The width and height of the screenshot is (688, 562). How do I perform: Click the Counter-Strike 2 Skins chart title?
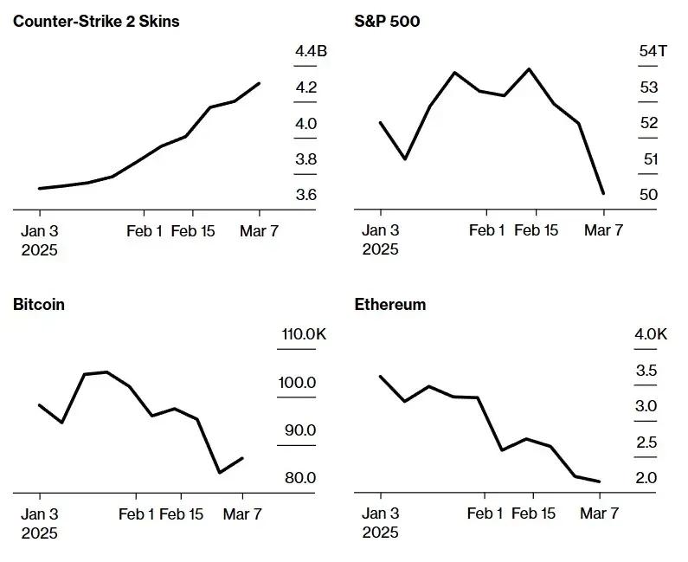point(96,21)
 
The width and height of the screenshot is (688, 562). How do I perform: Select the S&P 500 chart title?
point(387,21)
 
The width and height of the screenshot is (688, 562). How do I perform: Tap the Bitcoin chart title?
point(39,304)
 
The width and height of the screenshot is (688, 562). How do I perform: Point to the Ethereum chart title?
point(390,304)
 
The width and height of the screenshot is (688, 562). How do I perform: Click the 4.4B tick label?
point(311,52)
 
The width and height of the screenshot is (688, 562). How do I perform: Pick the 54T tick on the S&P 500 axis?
point(653,52)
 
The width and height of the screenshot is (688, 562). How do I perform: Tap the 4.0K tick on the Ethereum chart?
point(651,335)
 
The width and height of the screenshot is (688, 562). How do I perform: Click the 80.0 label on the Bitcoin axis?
point(299,478)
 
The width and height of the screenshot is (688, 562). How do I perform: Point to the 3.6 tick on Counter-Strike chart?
point(305,195)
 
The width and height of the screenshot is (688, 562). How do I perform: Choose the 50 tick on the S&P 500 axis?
point(648,195)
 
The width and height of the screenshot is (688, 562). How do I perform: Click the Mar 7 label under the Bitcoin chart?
point(242,514)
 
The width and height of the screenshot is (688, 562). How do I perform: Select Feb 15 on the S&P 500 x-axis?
point(536,230)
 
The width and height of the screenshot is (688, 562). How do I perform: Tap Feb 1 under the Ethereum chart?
point(485,514)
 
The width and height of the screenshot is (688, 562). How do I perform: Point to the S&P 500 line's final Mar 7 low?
point(603,193)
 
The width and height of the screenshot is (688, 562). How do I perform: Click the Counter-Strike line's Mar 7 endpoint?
point(260,83)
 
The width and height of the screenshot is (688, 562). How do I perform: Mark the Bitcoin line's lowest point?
point(220,473)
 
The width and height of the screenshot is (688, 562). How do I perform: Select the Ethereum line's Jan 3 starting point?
point(381,377)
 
